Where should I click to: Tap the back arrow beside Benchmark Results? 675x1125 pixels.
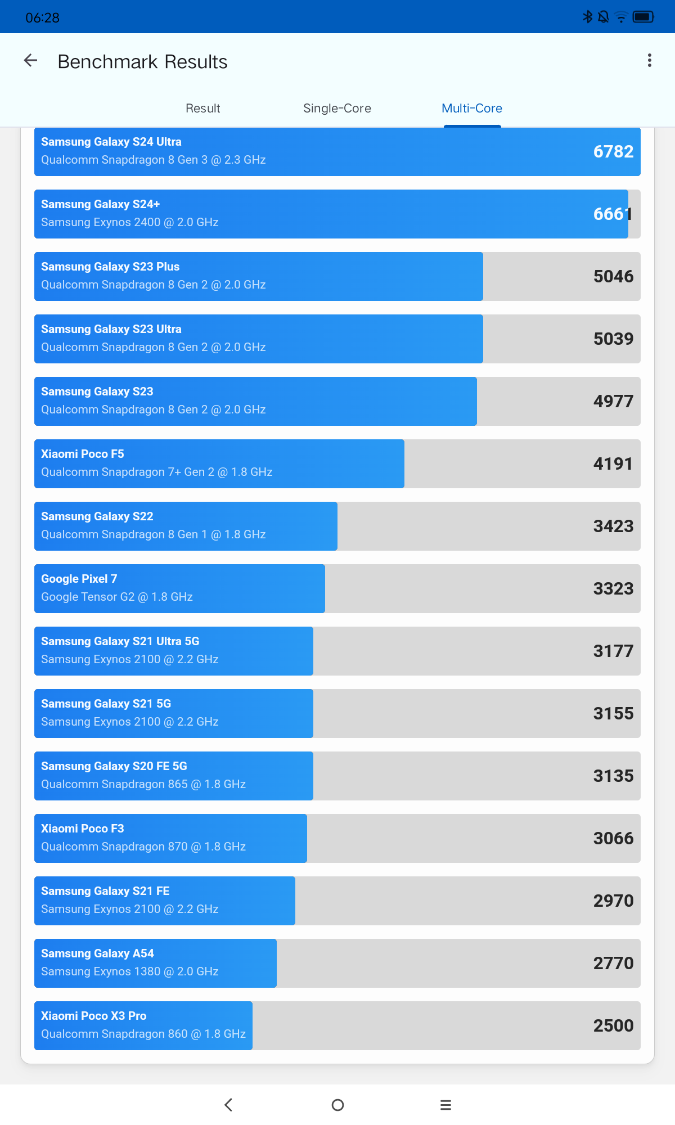tap(30, 61)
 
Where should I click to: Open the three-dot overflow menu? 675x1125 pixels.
tap(650, 61)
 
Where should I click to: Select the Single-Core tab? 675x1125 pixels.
tap(337, 108)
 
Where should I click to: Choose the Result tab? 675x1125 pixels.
tap(202, 108)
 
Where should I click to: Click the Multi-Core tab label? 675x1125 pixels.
tap(472, 108)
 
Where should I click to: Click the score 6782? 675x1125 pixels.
tap(613, 152)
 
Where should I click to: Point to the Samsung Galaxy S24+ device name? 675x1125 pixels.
tap(100, 204)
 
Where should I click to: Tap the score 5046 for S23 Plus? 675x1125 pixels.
tap(613, 277)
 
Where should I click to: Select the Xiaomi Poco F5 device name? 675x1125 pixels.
tap(82, 454)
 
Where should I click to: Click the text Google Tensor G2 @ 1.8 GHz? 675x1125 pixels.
tap(117, 597)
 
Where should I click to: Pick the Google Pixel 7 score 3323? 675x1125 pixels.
tap(613, 589)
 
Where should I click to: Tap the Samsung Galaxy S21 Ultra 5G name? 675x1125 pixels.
tap(120, 641)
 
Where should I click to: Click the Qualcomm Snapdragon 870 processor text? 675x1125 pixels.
tap(143, 847)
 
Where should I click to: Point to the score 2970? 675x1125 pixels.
tap(613, 901)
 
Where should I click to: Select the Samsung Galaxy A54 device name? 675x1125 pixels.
tap(97, 953)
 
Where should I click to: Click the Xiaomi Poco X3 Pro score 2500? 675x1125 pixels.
tap(613, 1026)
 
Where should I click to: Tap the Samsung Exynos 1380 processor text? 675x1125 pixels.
tap(129, 971)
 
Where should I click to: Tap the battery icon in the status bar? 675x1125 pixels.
tap(643, 17)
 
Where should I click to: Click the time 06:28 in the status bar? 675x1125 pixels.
tap(42, 18)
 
